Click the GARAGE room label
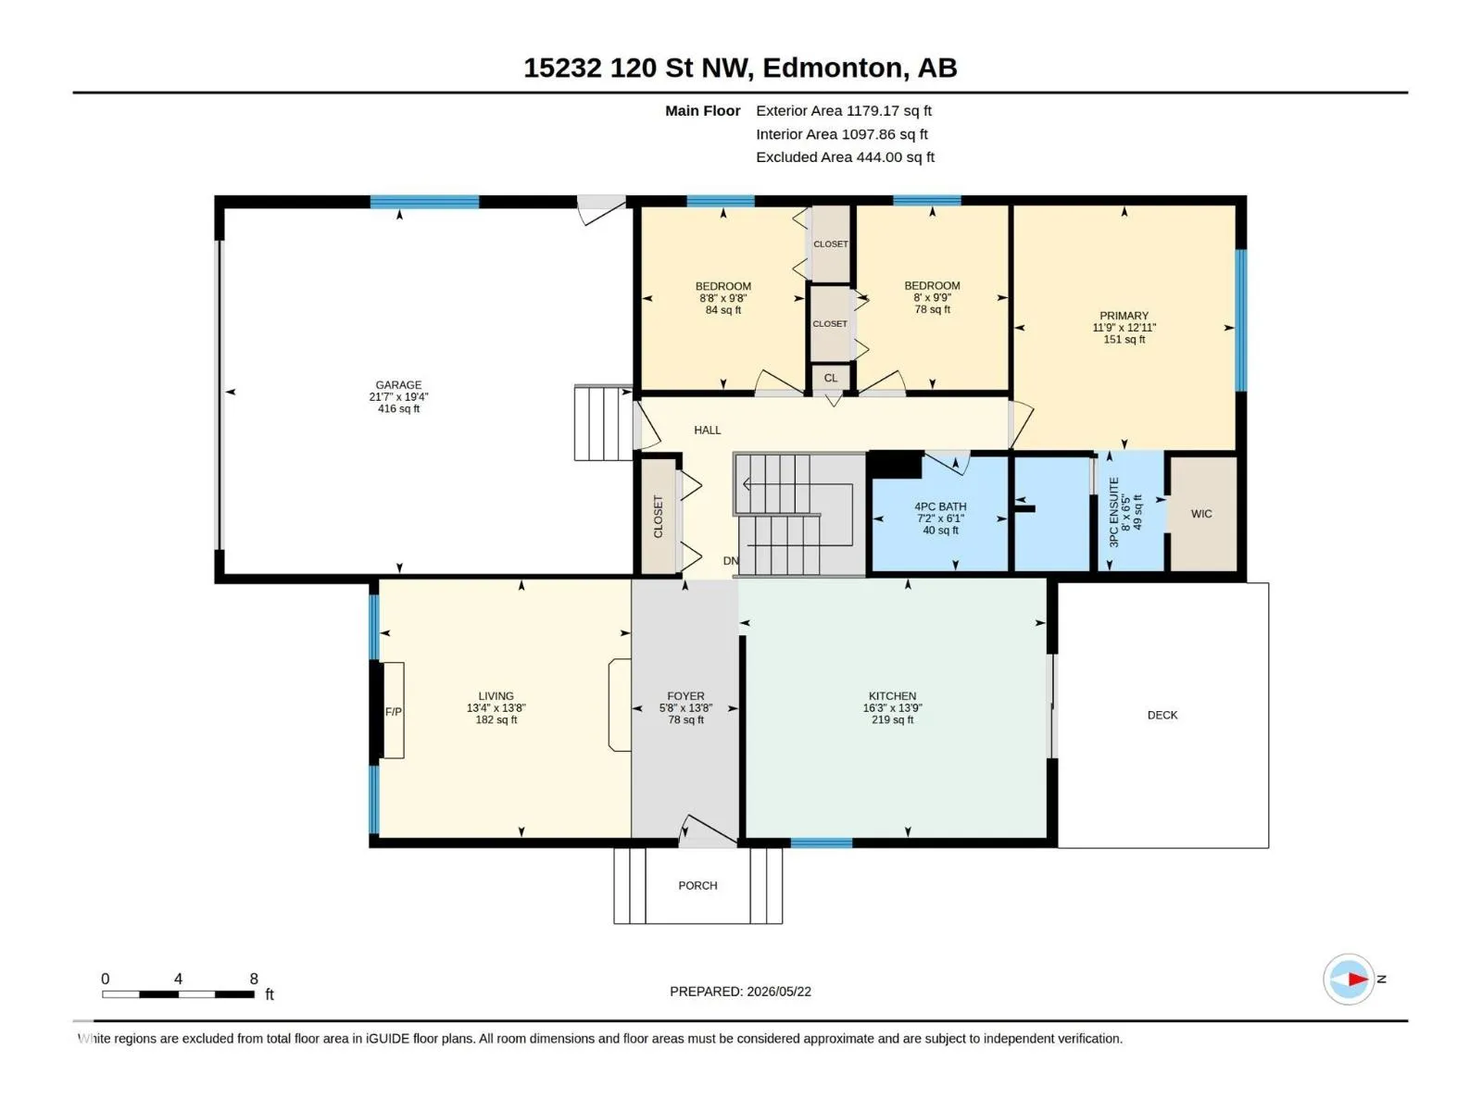[x=398, y=385]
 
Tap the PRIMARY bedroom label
[x=1124, y=316]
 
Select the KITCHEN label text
[x=892, y=696]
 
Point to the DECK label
[x=1162, y=715]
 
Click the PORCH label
[x=697, y=886]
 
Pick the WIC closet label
[x=1201, y=514]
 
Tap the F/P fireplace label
[x=393, y=712]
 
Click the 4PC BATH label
[x=940, y=506]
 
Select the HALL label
[x=707, y=431]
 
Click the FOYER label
[x=685, y=696]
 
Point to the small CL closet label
[x=831, y=379]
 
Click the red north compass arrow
[x=1358, y=979]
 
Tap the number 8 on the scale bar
[x=254, y=979]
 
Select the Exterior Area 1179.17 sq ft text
[x=843, y=110]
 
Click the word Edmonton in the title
[x=832, y=69]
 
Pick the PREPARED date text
[x=740, y=992]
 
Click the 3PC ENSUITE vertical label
[x=1114, y=512]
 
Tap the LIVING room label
[x=496, y=696]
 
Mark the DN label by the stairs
[x=731, y=561]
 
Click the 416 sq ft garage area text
[x=398, y=409]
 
